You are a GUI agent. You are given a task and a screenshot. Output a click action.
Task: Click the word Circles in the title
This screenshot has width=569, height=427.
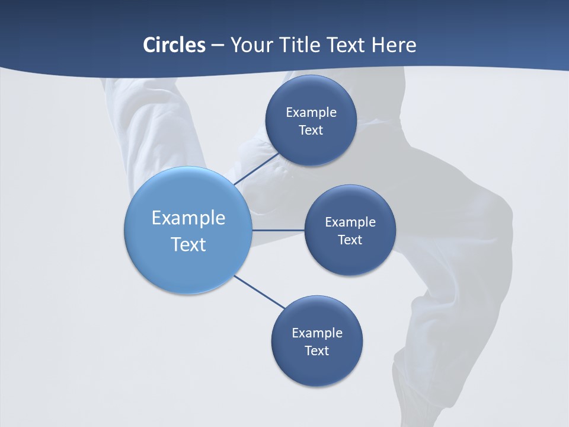(x=174, y=45)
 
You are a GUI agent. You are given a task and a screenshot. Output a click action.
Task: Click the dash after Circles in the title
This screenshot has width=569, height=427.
(x=218, y=46)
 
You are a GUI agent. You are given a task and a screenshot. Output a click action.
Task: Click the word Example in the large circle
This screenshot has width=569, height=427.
(x=188, y=218)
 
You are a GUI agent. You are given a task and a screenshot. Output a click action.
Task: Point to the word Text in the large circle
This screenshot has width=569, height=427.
(x=188, y=244)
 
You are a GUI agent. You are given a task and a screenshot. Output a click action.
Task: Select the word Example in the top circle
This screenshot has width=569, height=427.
(x=311, y=113)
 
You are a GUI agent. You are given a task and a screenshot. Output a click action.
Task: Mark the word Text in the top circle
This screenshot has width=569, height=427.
(x=311, y=130)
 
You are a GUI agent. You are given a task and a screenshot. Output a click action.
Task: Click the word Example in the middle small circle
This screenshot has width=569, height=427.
(x=350, y=222)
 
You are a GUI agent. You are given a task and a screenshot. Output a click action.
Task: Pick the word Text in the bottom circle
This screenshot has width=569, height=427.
(x=317, y=351)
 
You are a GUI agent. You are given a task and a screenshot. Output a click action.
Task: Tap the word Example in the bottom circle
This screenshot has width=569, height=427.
(x=317, y=333)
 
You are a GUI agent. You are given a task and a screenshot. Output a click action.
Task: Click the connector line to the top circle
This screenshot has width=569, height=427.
(x=256, y=169)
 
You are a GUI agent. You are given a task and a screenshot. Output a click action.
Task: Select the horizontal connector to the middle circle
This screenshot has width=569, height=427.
(x=278, y=230)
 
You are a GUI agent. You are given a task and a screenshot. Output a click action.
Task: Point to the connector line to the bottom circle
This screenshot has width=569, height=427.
(x=259, y=292)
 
